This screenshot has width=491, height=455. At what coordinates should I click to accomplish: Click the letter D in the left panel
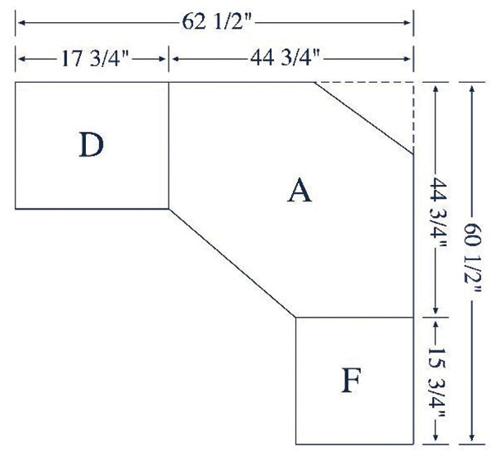tap(91, 145)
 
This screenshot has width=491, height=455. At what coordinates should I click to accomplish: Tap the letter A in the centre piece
tap(300, 190)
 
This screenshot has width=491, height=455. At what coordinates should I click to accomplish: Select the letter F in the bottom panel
tap(351, 380)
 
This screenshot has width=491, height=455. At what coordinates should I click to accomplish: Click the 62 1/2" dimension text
tap(217, 22)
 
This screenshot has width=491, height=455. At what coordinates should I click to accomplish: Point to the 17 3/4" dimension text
tap(95, 59)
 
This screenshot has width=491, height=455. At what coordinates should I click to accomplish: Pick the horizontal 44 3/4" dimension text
tap(285, 58)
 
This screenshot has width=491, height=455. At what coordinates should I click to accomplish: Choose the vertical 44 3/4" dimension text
tap(438, 213)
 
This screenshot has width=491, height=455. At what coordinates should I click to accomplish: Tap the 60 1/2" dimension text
tap(472, 258)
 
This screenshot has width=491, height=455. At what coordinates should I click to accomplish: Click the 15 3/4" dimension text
tap(437, 382)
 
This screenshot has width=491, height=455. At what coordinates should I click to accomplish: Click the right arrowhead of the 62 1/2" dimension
tap(407, 23)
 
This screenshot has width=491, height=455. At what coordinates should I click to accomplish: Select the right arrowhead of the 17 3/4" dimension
tap(162, 59)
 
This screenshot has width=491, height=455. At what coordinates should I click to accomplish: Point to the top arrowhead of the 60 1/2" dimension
tap(472, 88)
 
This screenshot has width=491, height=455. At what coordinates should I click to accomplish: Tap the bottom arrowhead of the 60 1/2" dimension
tap(472, 437)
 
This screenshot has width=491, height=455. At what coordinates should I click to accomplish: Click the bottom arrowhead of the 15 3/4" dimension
tap(435, 437)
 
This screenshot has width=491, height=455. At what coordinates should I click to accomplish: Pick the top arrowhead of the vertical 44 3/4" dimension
tap(435, 88)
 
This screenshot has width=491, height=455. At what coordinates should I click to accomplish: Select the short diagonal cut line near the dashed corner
tap(364, 118)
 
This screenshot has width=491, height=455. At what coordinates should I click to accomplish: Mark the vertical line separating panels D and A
tap(169, 146)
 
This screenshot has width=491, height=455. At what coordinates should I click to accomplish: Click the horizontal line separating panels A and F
tap(355, 318)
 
